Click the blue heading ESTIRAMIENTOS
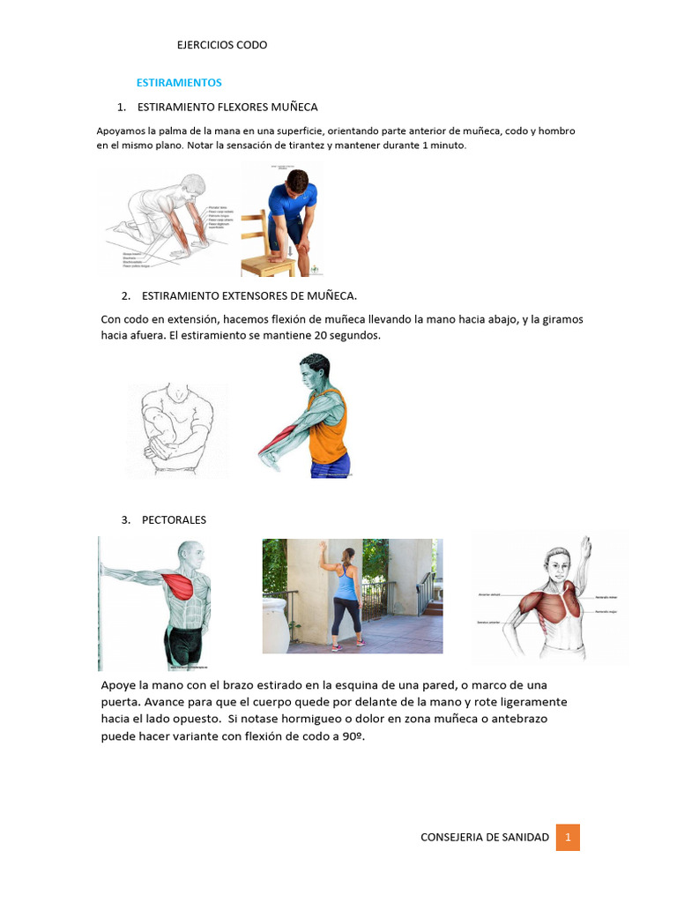179,82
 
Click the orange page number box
568,837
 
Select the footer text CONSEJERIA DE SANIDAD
485,837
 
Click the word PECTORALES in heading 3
174,520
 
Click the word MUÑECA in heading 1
293,106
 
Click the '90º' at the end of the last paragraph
350,737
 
